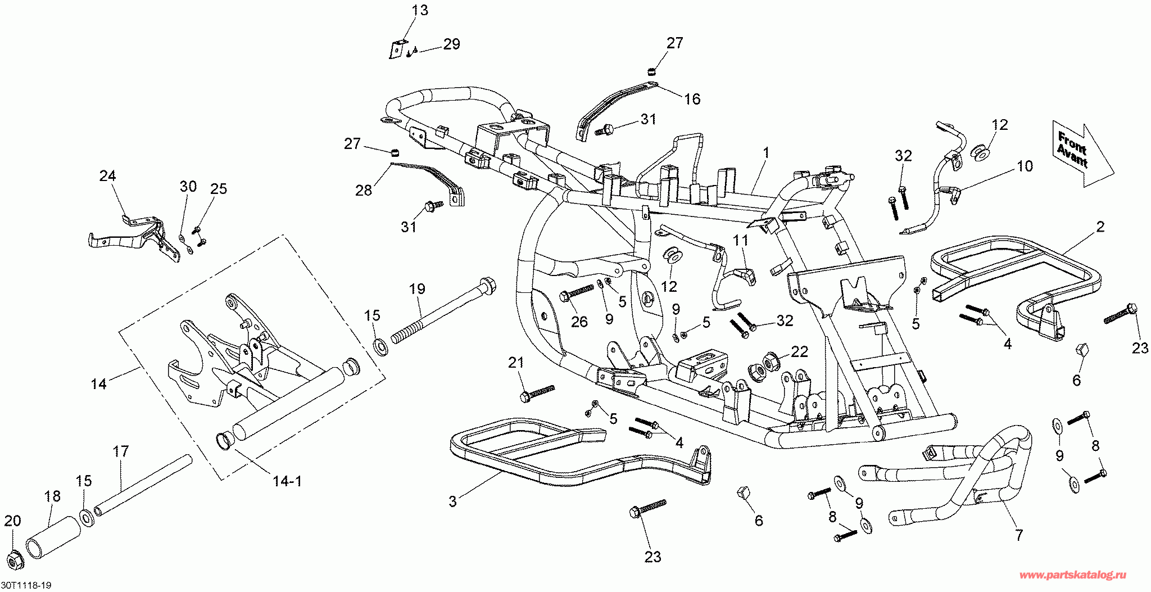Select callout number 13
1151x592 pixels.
(x=420, y=10)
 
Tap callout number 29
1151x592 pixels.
(x=452, y=44)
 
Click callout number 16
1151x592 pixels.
(x=692, y=99)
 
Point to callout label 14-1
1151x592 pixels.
(x=287, y=481)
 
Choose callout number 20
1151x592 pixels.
(x=12, y=521)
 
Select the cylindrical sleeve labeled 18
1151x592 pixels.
(x=52, y=537)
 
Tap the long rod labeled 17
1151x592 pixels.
(x=143, y=485)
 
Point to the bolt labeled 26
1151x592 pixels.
(x=576, y=294)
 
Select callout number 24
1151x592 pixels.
(x=107, y=175)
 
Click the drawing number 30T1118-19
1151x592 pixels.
(x=26, y=586)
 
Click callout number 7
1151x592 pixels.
(x=1018, y=535)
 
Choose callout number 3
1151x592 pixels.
(x=452, y=501)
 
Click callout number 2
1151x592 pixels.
(x=1100, y=227)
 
